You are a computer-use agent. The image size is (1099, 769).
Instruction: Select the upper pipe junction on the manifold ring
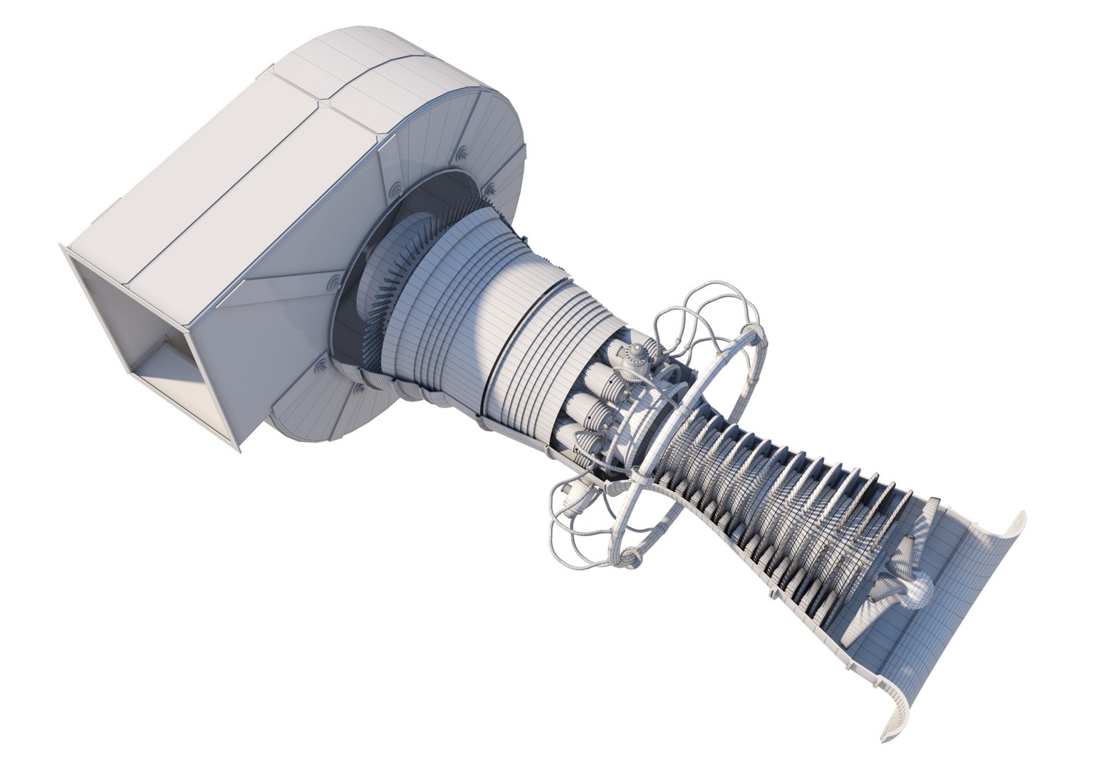[x=751, y=330]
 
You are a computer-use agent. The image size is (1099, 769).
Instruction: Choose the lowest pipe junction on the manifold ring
[x=630, y=554]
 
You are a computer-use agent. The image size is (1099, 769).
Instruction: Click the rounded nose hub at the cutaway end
[x=919, y=587]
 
